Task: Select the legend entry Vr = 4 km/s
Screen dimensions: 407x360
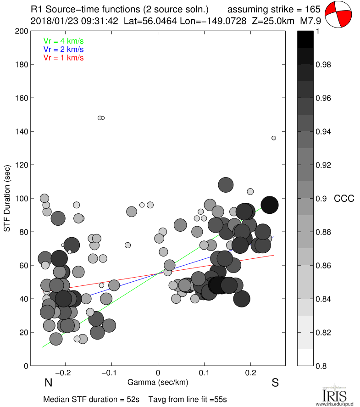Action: tap(63, 41)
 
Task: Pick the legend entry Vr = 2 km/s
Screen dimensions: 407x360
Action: tap(63, 49)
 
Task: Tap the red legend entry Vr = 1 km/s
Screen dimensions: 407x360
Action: tap(63, 57)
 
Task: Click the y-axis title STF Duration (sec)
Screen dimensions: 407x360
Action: tap(7, 198)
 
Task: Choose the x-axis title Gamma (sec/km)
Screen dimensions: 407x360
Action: tap(158, 382)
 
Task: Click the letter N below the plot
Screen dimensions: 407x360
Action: tap(48, 383)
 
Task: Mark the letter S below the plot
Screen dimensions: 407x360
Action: tap(275, 383)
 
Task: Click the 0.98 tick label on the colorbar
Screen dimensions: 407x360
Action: tap(324, 65)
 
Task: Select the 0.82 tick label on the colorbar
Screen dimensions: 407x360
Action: tap(324, 332)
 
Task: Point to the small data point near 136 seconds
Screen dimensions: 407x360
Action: tap(274, 138)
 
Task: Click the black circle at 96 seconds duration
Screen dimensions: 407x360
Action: tap(270, 205)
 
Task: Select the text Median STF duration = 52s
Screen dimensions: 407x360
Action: tap(92, 399)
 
